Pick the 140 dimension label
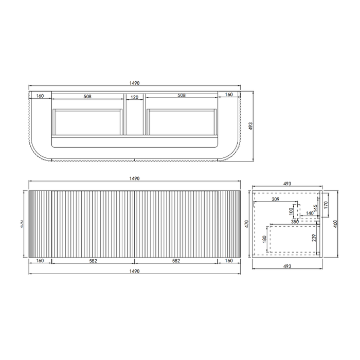(309, 212)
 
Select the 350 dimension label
(295, 222)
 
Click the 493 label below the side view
(287, 266)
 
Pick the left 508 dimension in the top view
(87, 96)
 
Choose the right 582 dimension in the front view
(176, 261)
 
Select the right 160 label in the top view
(229, 95)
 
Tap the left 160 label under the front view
(41, 261)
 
